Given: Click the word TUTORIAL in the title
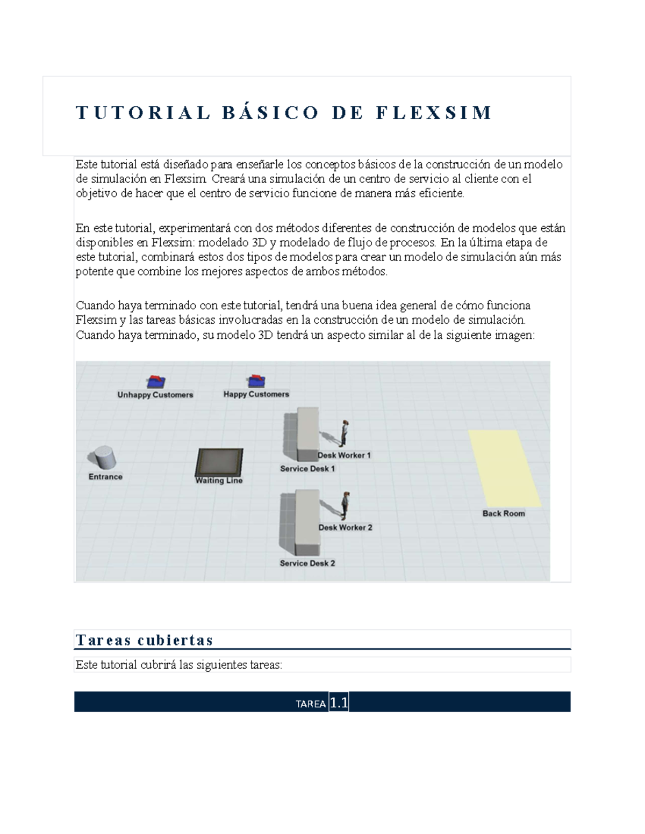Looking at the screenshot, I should click(142, 113).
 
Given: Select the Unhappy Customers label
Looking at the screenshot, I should click(155, 395).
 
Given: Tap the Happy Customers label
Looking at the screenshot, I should click(256, 394).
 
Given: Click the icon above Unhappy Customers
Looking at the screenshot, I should click(156, 381).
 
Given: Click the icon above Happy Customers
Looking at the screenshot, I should click(256, 381).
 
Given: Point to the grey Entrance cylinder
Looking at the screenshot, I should click(102, 459).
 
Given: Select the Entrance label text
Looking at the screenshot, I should click(105, 477).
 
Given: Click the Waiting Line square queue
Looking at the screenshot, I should click(219, 462).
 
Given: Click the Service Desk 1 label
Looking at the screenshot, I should click(307, 469).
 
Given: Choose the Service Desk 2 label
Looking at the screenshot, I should click(307, 563).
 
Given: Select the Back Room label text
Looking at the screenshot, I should click(504, 513).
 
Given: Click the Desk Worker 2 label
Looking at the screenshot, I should click(345, 527).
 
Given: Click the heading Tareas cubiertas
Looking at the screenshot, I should click(145, 640).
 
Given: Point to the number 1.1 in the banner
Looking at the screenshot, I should click(339, 703).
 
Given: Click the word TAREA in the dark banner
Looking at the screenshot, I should click(311, 704).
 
